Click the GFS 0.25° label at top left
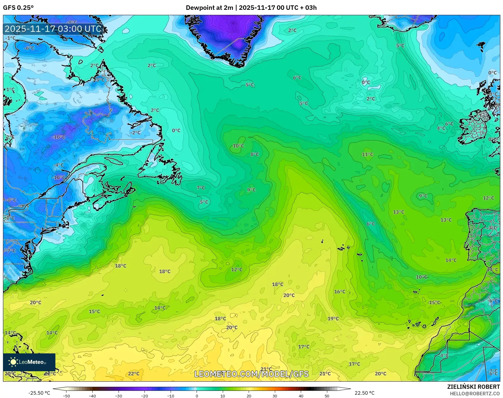click(x=18, y=8)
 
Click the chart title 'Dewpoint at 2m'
click(x=209, y=8)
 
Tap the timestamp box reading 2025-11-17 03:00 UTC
click(x=53, y=29)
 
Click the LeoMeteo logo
click(x=29, y=362)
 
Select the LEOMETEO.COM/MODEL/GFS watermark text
click(x=251, y=374)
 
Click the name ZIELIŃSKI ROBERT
click(x=473, y=387)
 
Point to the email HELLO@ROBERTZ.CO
click(x=475, y=394)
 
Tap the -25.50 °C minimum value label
click(x=39, y=393)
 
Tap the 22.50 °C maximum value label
click(x=365, y=393)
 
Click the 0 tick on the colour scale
click(x=197, y=396)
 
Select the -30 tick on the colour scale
click(x=119, y=396)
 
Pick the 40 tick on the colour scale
click(x=301, y=396)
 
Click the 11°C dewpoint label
click(x=367, y=154)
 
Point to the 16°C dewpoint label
click(x=340, y=292)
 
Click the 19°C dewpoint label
click(x=333, y=319)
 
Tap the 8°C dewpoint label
click(x=255, y=154)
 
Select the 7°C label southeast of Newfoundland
click(x=201, y=188)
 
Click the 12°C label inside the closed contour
click(x=237, y=269)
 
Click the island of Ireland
click(x=475, y=128)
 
